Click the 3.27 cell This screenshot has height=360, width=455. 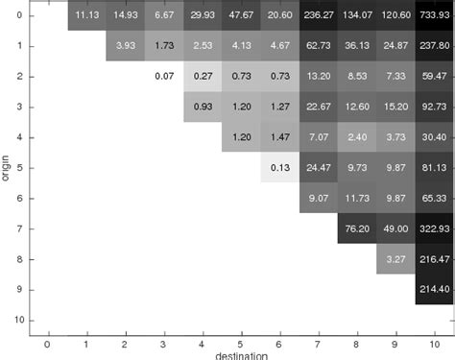[395, 259]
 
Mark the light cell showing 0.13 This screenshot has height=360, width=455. [279, 168]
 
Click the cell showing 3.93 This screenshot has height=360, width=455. [126, 46]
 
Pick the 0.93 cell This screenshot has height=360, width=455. [203, 107]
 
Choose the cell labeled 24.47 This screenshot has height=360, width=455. [318, 168]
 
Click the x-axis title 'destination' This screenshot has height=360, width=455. [240, 354]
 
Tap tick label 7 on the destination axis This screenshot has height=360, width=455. [318, 341]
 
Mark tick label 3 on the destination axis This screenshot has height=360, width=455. [164, 341]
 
